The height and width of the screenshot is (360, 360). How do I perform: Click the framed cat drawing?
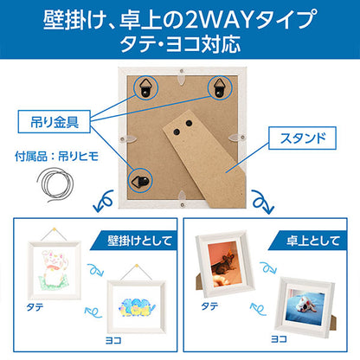point(56,271)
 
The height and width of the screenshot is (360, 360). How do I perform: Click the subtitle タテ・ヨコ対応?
point(180,42)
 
